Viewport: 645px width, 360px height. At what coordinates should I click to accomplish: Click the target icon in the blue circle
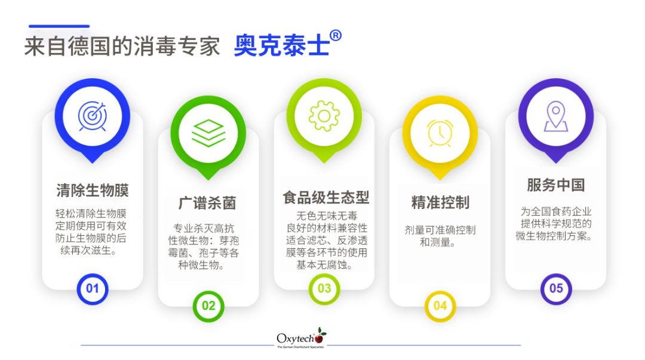click(93, 116)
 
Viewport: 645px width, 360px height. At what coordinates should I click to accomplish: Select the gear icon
click(324, 116)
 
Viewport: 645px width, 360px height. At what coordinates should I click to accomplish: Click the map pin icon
click(555, 116)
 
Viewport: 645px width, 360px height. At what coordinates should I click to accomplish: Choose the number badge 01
click(93, 289)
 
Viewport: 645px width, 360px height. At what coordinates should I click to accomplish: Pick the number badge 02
click(208, 306)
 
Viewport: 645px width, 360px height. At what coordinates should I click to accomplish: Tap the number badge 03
click(324, 289)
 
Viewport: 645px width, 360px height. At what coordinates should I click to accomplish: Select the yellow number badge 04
click(440, 306)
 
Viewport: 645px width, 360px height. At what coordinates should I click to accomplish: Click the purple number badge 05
click(555, 289)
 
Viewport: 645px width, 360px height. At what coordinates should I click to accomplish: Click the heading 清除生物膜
click(93, 191)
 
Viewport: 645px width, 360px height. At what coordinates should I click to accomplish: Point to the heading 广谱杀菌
click(207, 203)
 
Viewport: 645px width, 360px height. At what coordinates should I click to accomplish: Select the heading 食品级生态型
click(325, 198)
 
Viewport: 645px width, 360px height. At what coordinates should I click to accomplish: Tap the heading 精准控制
click(440, 202)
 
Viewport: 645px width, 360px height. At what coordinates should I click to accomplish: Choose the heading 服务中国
click(555, 185)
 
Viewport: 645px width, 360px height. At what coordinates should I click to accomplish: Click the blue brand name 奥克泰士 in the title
click(281, 47)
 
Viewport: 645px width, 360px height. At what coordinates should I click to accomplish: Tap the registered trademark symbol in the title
click(336, 36)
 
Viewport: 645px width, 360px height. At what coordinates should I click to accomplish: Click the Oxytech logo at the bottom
click(301, 339)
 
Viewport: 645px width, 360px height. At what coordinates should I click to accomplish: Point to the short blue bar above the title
click(59, 26)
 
